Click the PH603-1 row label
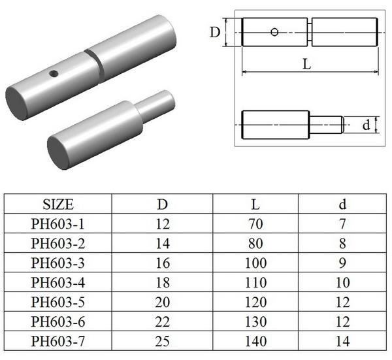tap(57, 223)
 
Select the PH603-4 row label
tap(57, 282)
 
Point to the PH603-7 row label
tap(57, 340)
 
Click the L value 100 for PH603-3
tap(255, 263)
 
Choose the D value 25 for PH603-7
tap(162, 340)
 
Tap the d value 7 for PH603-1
tap(342, 223)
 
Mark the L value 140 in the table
tap(255, 340)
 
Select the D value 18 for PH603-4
tap(162, 282)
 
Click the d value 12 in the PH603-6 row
tap(342, 321)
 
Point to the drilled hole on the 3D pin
tap(54, 73)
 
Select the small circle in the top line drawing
tap(275, 31)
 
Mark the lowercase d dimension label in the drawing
tap(367, 124)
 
